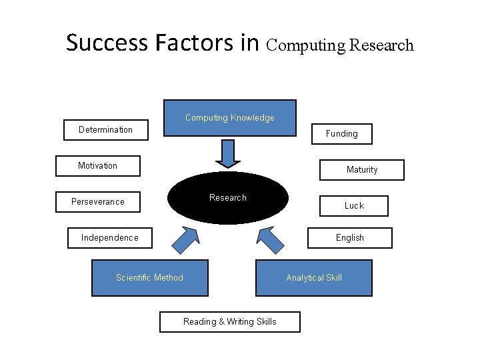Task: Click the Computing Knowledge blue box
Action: point(230,118)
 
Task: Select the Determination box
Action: point(105,129)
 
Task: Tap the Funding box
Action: point(342,134)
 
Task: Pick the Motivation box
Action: point(97,166)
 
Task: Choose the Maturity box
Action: point(362,170)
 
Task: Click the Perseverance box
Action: point(97,202)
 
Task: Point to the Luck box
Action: point(354,206)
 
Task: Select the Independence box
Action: point(110,238)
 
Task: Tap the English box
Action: point(350,238)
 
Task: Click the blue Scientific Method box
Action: point(149,278)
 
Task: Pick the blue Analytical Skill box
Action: point(314,278)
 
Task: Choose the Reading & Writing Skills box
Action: point(230,322)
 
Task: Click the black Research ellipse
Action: point(228,198)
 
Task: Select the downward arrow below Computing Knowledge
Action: point(228,154)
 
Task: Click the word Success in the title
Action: point(107,43)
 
